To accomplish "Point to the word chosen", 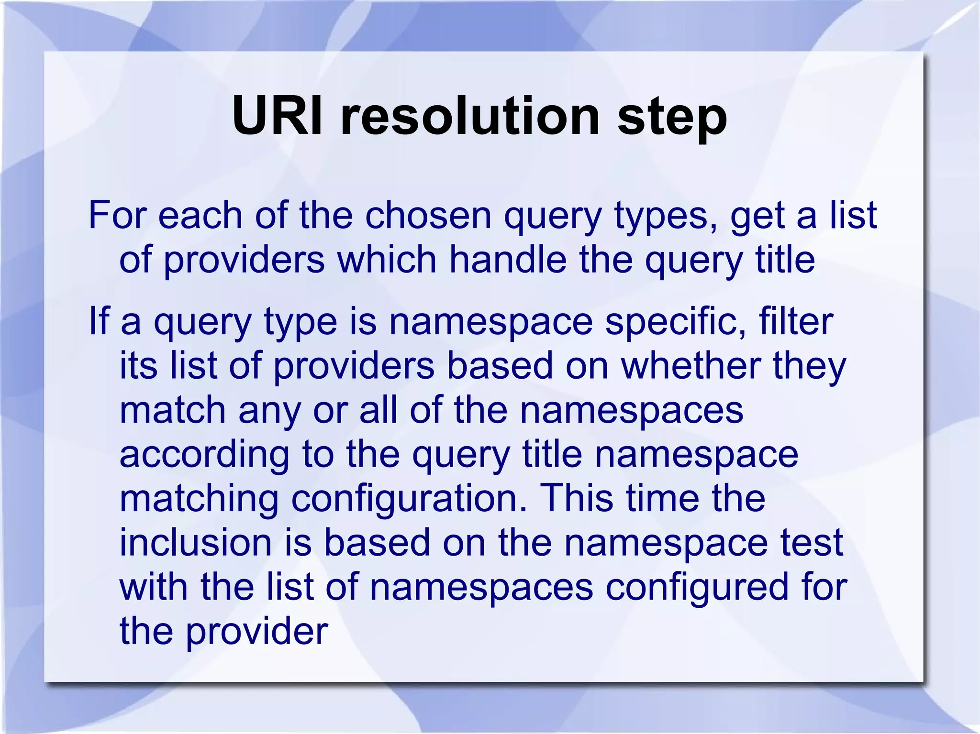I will coord(428,215).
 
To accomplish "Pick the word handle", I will coord(508,259).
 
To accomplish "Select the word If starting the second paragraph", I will coord(99,321).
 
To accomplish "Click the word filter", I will coord(796,321).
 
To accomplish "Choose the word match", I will coord(172,410).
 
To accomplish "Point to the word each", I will coord(200,215).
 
